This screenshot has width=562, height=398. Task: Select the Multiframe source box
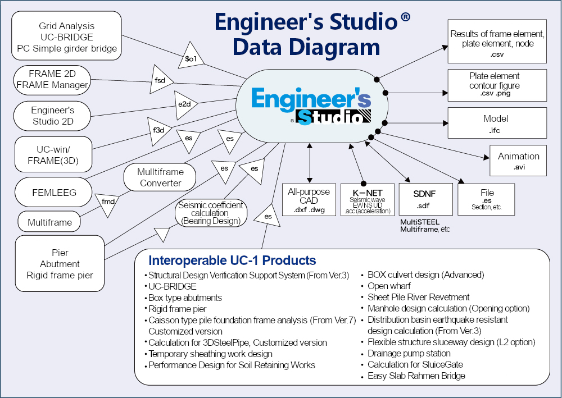point(50,222)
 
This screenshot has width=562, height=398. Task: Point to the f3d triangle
point(158,130)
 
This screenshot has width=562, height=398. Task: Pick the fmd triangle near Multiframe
point(106,201)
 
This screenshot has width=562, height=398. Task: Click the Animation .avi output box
point(518,161)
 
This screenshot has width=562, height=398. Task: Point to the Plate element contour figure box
point(497,85)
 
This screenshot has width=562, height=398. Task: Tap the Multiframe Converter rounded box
point(160,177)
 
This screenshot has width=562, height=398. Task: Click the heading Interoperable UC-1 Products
point(232,260)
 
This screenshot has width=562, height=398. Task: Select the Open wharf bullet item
point(389,286)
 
